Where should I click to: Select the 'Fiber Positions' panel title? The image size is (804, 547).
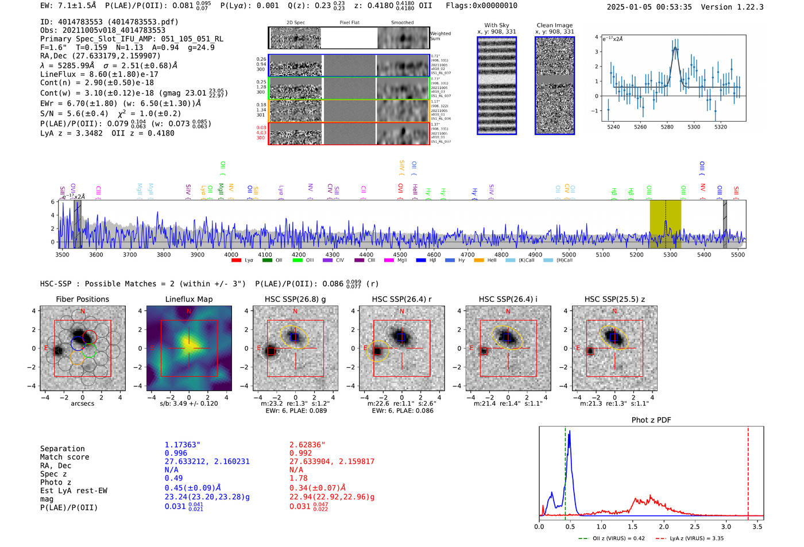point(82,299)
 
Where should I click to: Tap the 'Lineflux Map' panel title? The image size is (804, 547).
point(188,299)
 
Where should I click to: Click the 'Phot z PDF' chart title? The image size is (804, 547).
point(651,420)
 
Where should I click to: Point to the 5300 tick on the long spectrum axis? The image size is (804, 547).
point(670,254)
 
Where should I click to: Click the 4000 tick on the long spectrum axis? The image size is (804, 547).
point(231,254)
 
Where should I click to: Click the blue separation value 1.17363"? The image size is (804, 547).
point(182,445)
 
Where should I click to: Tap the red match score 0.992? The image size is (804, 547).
point(300,453)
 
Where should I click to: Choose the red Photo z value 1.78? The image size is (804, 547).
point(298,478)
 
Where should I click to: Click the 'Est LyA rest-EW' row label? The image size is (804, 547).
point(74,491)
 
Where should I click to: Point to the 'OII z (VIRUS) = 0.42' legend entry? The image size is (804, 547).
point(612,538)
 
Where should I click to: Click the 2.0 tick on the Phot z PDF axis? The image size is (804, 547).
point(663,526)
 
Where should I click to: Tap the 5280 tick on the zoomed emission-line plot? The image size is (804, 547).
point(667,127)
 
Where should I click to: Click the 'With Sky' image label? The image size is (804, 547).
point(496,25)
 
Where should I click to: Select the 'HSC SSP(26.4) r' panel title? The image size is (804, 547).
point(401,299)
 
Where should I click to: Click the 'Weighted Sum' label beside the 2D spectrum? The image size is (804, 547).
point(440,36)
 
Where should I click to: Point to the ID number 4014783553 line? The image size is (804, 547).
point(109,22)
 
